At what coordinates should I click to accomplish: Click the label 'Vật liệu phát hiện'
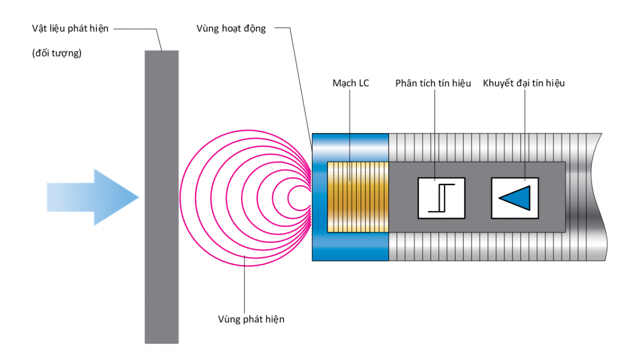(70, 29)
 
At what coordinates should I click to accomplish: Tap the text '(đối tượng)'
(56, 53)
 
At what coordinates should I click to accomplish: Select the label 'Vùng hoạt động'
(231, 29)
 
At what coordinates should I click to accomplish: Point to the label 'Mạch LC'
(350, 83)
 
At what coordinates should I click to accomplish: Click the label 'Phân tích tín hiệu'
(433, 83)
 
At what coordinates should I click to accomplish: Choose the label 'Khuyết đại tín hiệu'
(524, 83)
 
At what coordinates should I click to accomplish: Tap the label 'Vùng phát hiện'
(251, 319)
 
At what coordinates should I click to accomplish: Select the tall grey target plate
(161, 197)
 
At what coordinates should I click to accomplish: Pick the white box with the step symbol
(441, 198)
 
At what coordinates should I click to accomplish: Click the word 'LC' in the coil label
(363, 83)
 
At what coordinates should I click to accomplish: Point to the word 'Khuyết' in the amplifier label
(497, 83)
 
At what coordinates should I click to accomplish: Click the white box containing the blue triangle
(515, 198)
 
